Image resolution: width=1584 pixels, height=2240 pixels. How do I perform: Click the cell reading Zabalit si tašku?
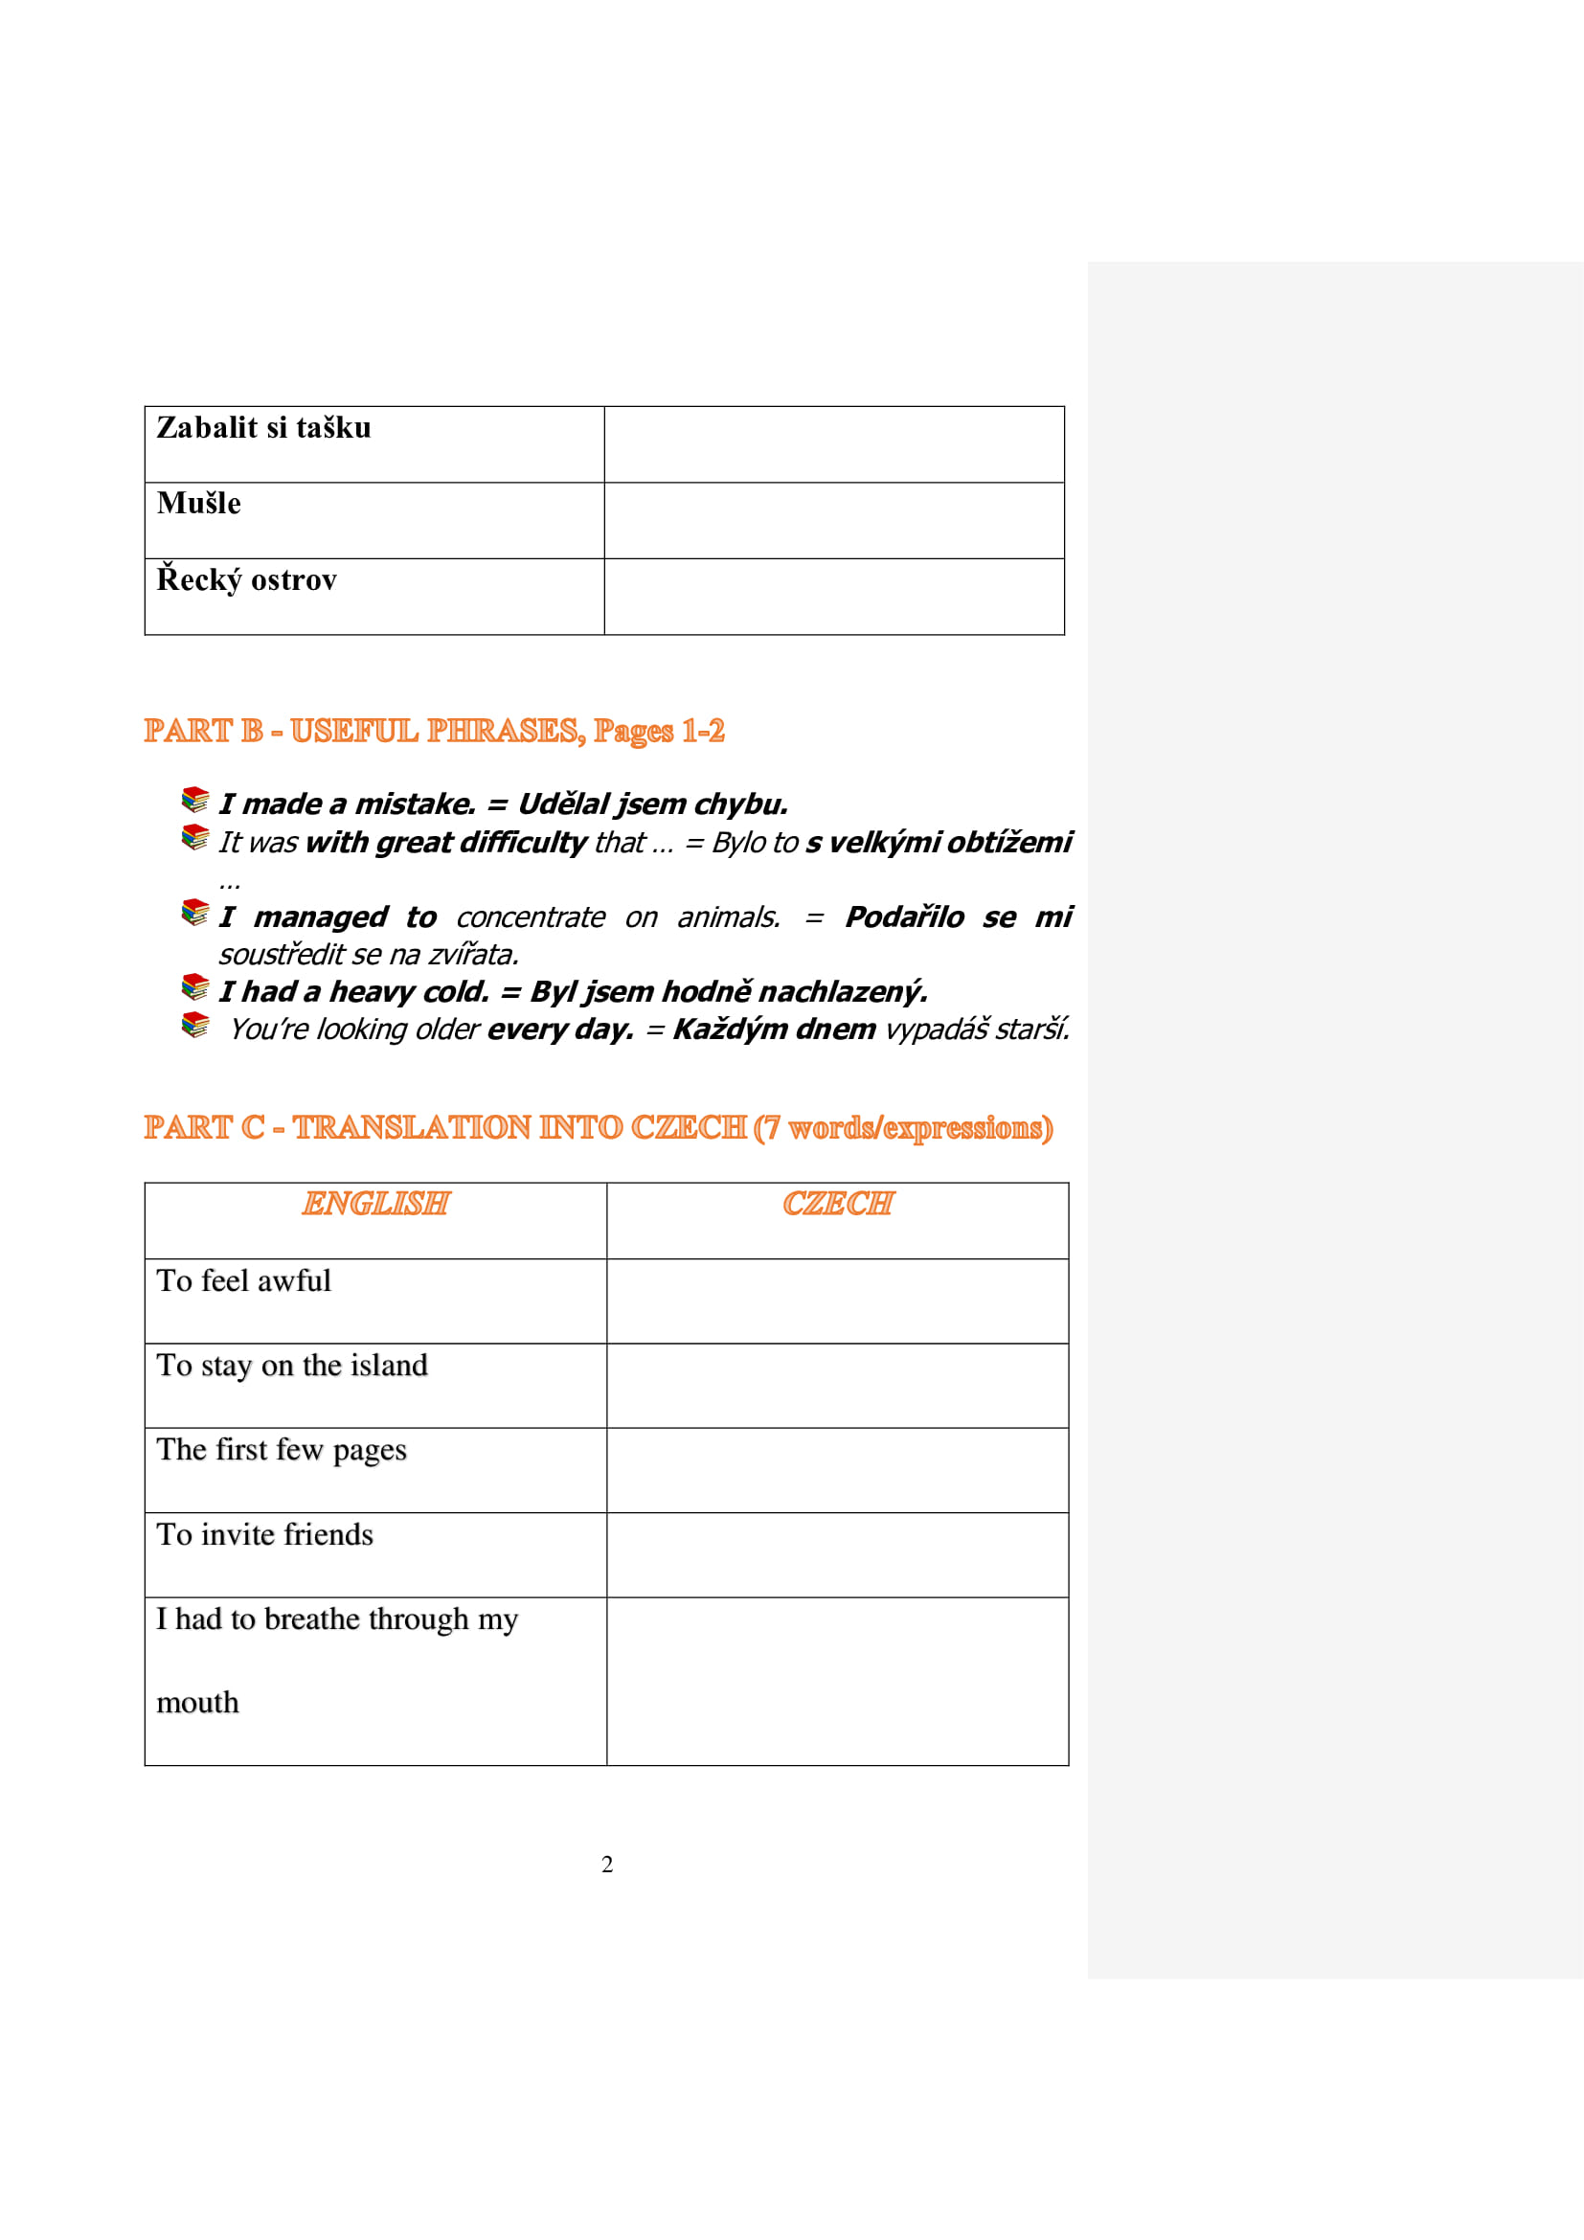pos(263,428)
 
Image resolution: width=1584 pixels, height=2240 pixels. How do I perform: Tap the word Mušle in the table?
pos(199,504)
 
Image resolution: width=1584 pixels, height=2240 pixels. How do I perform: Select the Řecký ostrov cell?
pos(247,580)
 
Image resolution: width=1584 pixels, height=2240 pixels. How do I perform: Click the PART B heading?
pos(434,731)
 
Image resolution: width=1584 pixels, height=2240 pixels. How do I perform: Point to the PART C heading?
pos(598,1128)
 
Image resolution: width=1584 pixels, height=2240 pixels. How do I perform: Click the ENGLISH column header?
pos(375,1204)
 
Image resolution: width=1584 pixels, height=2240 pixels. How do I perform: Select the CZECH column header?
pos(837,1204)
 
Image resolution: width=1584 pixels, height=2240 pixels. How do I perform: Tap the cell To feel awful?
pos(244,1281)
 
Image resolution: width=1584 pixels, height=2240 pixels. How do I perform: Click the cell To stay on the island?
pos(292,1366)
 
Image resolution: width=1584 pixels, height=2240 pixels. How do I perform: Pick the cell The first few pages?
pos(281,1451)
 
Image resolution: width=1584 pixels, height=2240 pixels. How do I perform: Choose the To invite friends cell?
pos(264,1535)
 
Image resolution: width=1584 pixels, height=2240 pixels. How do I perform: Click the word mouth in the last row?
pos(197,1704)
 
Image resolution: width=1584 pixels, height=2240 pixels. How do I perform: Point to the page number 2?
pos(606,1865)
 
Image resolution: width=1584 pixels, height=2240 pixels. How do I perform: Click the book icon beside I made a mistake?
pos(195,800)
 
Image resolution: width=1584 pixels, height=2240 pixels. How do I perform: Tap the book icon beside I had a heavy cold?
pos(195,987)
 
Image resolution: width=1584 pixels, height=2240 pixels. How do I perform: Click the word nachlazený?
pos(843,992)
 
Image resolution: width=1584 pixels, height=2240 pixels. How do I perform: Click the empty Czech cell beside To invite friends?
pos(837,1555)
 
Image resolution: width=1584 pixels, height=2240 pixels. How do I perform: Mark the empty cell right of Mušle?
pos(834,520)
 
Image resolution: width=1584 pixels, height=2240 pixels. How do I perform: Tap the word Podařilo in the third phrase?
pos(904,917)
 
